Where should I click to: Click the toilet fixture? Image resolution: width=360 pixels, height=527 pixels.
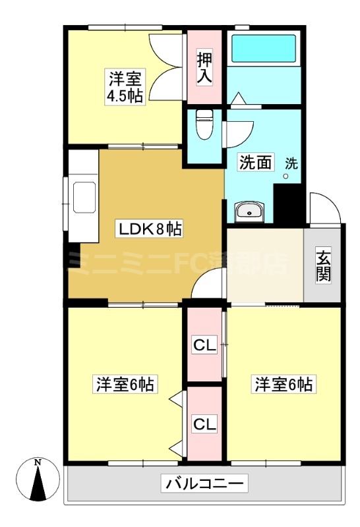204,124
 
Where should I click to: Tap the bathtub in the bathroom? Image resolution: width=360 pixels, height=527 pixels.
264,47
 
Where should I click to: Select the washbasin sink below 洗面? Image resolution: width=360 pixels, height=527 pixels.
249,211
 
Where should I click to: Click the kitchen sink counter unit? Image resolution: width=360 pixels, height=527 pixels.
84,196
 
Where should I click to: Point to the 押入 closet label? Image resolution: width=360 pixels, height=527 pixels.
204,69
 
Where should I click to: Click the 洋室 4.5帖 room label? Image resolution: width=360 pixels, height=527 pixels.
125,87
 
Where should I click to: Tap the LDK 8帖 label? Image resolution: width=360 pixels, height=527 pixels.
149,229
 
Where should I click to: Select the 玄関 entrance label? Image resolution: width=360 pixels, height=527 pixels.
323,265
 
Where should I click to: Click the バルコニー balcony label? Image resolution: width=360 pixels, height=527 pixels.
204,484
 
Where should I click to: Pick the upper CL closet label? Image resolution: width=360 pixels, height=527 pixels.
204,345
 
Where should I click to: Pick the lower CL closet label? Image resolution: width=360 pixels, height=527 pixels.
204,424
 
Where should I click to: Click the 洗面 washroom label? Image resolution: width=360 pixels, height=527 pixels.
255,162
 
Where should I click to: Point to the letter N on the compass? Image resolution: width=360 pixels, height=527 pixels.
38,462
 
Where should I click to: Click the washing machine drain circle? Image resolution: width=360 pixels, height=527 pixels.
285,176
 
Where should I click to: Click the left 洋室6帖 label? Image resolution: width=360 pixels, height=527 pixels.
125,384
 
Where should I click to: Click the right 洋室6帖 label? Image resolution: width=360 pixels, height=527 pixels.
284,384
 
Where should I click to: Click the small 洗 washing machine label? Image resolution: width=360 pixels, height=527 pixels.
291,163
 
